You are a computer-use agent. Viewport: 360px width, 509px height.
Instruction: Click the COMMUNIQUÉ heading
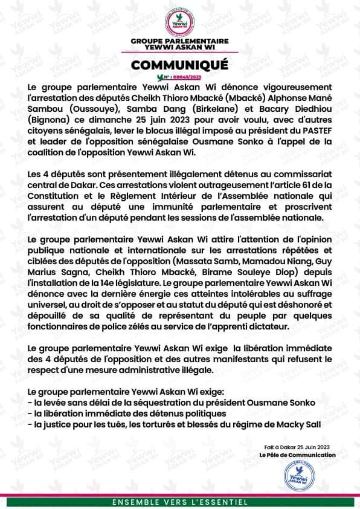(179, 65)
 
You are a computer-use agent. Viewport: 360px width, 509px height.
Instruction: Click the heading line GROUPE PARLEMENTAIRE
(179, 39)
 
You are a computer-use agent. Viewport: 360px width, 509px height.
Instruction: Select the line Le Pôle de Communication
(297, 455)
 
